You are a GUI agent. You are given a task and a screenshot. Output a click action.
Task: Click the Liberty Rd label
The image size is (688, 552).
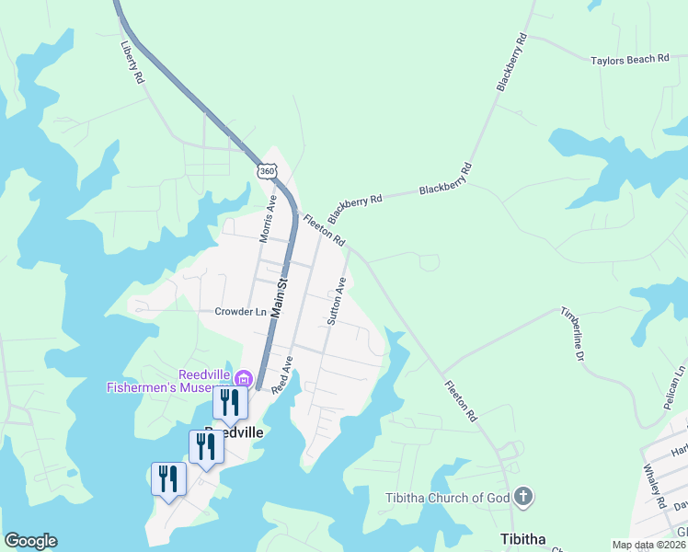pyautogui.click(x=133, y=63)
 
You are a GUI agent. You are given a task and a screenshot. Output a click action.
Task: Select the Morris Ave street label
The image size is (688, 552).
pyautogui.click(x=268, y=218)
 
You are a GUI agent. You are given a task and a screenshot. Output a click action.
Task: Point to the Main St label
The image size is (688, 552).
pyautogui.click(x=281, y=299)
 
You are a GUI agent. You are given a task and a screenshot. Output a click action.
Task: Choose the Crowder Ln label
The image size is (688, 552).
pyautogui.click(x=240, y=312)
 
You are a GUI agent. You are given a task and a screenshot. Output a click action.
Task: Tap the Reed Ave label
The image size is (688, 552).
pyautogui.click(x=281, y=375)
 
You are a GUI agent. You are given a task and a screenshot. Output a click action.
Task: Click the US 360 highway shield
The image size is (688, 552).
pyautogui.click(x=266, y=172)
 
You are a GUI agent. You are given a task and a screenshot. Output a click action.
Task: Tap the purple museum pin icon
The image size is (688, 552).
pyautogui.click(x=244, y=378)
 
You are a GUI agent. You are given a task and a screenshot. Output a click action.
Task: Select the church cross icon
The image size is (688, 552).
pyautogui.click(x=522, y=498)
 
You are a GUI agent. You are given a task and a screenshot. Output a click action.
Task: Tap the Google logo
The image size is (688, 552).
pyautogui.click(x=30, y=541)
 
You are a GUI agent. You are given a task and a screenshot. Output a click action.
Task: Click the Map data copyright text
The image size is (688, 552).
pyautogui.click(x=648, y=545)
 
